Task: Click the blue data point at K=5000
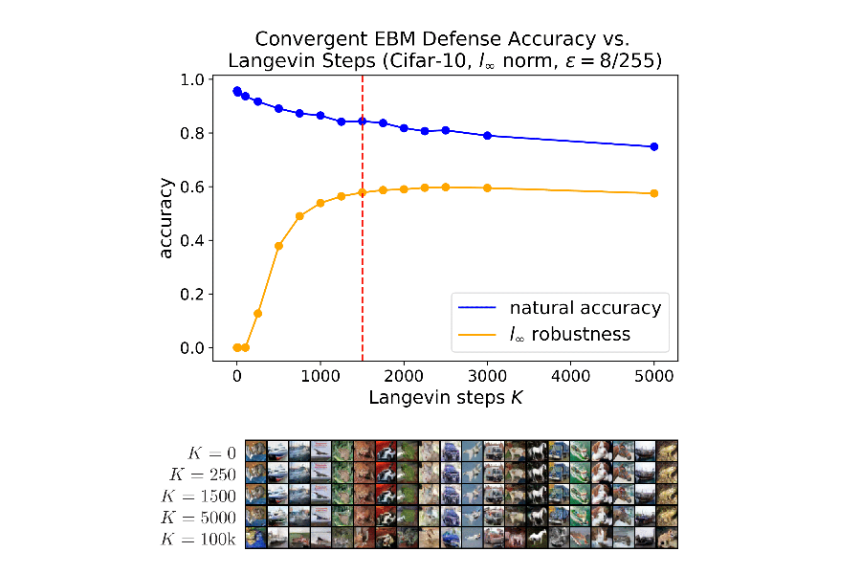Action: [x=654, y=146]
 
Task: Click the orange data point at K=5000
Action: [x=654, y=193]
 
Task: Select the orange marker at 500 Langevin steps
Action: [x=278, y=246]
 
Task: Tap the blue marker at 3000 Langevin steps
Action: [x=488, y=136]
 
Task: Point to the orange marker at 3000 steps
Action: [x=488, y=188]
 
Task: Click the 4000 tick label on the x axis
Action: [x=571, y=377]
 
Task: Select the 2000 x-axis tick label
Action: [x=404, y=377]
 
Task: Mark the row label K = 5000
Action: [x=201, y=517]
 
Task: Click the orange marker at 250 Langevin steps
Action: [x=257, y=314]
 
